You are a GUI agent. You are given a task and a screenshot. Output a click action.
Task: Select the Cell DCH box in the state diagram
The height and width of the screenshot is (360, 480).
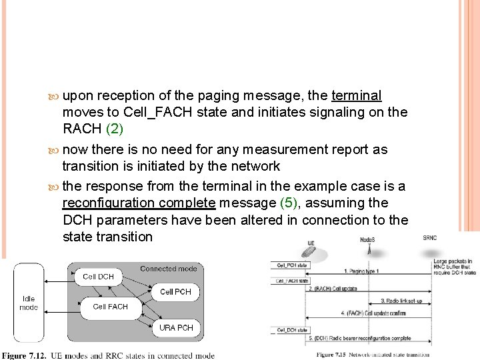click(97, 276)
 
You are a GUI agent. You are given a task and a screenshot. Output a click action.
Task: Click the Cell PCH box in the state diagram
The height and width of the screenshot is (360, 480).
click(175, 291)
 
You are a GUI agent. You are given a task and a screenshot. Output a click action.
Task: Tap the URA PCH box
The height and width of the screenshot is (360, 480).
click(175, 328)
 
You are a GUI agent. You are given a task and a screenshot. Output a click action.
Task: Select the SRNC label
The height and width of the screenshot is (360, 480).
click(431, 237)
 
